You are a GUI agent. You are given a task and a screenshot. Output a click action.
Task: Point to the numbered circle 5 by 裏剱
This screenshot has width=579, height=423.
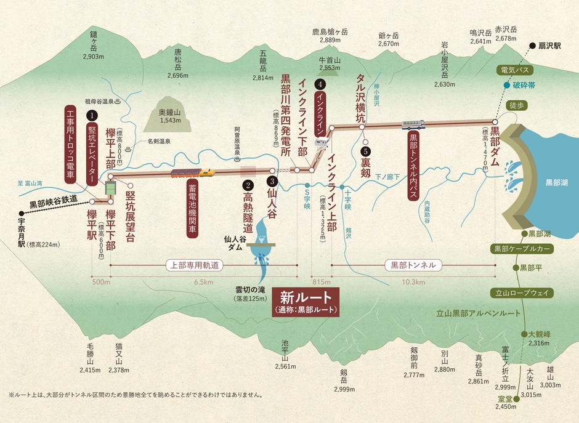365,150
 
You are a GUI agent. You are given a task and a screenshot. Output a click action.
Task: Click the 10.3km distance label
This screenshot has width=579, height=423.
412,282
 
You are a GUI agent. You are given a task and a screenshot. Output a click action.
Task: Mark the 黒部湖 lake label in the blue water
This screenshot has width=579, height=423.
557,183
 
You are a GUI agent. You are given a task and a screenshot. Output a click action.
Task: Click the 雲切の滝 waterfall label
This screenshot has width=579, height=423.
249,289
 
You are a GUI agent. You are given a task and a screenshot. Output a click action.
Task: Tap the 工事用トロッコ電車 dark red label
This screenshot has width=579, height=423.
70,145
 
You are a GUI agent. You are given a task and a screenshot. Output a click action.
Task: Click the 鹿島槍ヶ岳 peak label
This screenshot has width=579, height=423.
330,32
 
